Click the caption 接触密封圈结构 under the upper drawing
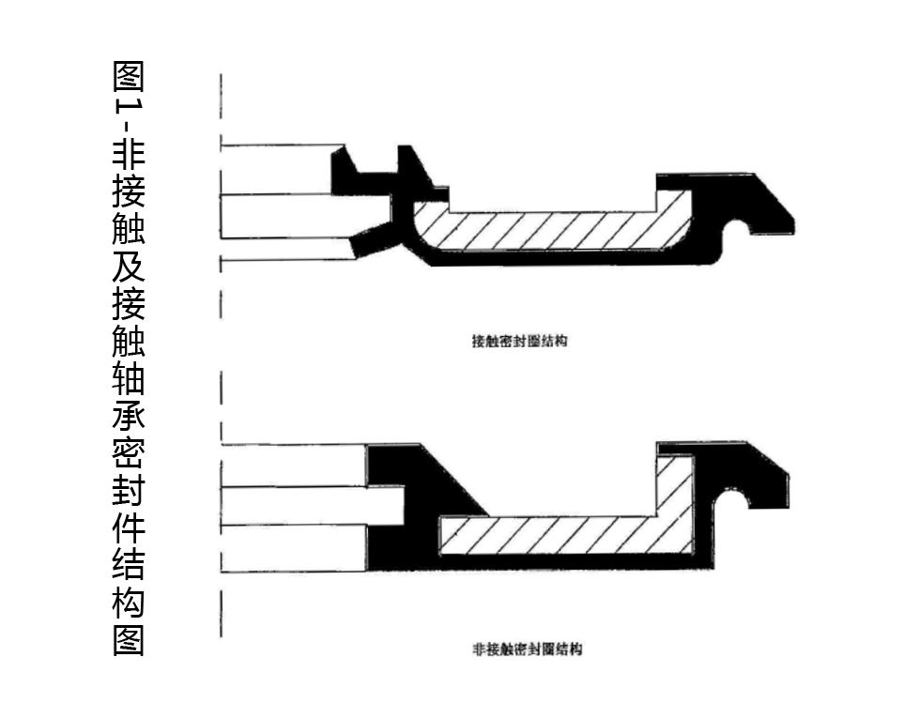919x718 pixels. click(519, 342)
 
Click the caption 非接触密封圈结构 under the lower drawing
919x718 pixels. click(527, 649)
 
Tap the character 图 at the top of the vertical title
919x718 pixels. click(129, 77)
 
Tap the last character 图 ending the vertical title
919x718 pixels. click(129, 640)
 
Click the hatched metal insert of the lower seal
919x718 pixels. click(563, 535)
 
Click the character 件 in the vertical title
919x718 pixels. click(129, 527)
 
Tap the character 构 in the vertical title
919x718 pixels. click(129, 603)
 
